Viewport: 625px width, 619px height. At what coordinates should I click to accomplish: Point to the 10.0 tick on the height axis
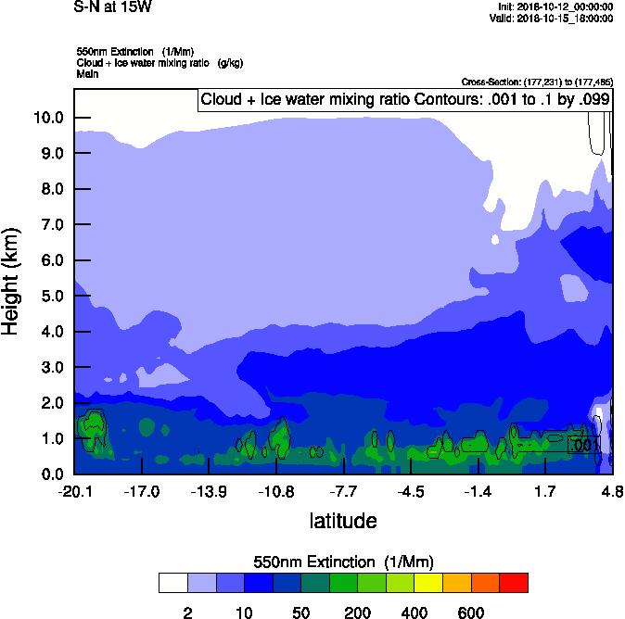click(48, 118)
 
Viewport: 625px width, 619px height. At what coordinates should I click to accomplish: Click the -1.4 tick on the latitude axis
click(478, 491)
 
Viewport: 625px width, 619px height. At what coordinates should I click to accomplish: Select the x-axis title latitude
click(343, 521)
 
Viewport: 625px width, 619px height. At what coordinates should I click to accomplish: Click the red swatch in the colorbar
click(513, 582)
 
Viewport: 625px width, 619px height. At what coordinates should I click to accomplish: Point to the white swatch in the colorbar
click(172, 582)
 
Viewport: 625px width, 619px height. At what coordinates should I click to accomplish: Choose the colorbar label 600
click(471, 612)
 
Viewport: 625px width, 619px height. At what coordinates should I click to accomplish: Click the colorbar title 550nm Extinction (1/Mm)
click(343, 562)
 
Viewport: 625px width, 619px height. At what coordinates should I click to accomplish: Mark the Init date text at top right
click(555, 7)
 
